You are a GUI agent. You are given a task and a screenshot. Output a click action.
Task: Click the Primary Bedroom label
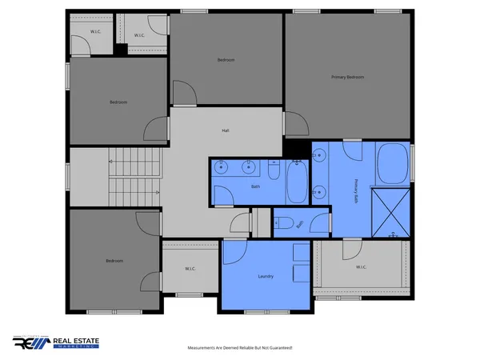pos(348,77)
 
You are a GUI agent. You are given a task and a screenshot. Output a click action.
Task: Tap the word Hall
pos(226,130)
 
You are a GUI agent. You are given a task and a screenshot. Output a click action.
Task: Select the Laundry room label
pos(266,277)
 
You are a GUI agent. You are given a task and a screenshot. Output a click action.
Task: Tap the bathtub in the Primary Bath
pos(393,163)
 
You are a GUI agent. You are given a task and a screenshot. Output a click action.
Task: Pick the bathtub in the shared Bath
pos(296,182)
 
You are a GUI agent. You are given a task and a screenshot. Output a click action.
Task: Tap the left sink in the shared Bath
pos(223,167)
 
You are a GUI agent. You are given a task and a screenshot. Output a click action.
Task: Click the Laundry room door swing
pos(234,253)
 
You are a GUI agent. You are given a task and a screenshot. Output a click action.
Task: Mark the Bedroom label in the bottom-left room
pos(114,261)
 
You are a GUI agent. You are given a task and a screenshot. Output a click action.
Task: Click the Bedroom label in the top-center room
pos(226,60)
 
